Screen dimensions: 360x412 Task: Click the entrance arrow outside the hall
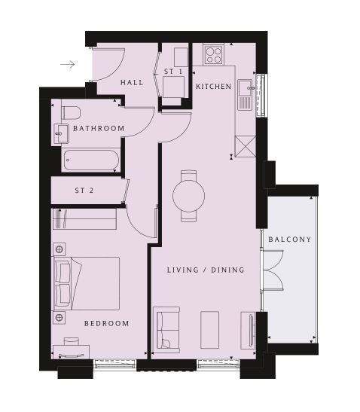[68, 64]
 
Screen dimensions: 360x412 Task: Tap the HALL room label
[132, 83]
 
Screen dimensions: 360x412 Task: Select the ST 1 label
[173, 72]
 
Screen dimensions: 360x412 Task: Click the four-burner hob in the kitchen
[214, 55]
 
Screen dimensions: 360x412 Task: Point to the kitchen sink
[246, 95]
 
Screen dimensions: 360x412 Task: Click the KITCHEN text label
[214, 87]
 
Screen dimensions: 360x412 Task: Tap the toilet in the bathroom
[71, 113]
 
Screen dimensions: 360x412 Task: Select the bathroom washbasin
[62, 134]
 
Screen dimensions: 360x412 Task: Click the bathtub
[91, 160]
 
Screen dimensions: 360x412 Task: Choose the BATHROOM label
[99, 129]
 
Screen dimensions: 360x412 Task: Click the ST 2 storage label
[84, 191]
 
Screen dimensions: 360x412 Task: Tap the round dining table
[189, 196]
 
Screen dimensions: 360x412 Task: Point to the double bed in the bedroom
[87, 283]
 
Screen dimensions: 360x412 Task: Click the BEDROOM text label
[107, 323]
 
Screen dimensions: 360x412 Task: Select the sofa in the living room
[166, 330]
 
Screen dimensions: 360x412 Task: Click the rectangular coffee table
[209, 330]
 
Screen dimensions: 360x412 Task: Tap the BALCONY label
[289, 240]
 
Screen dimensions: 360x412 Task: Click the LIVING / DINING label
[206, 270]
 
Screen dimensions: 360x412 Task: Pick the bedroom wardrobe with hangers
[84, 219]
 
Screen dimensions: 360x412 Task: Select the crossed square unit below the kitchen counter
[246, 146]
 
